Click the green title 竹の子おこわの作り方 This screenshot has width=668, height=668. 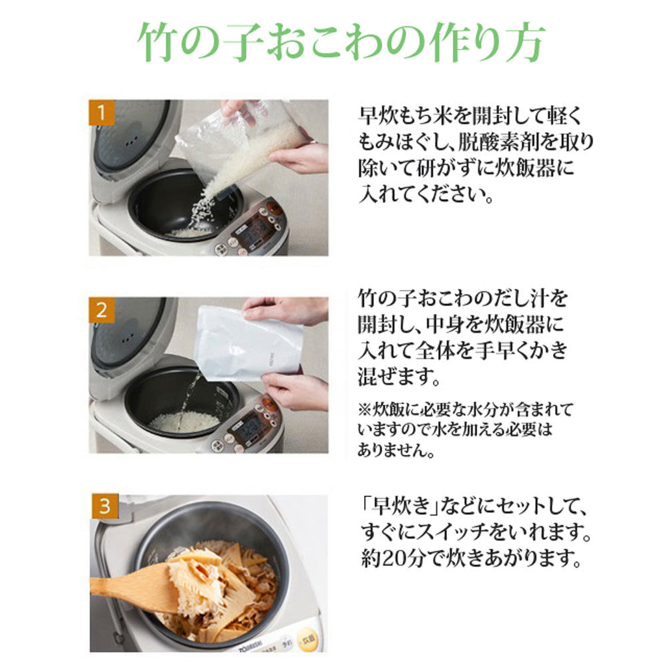tap(341, 44)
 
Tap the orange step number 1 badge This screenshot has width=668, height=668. tap(101, 112)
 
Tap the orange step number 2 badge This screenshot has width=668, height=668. tap(101, 310)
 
